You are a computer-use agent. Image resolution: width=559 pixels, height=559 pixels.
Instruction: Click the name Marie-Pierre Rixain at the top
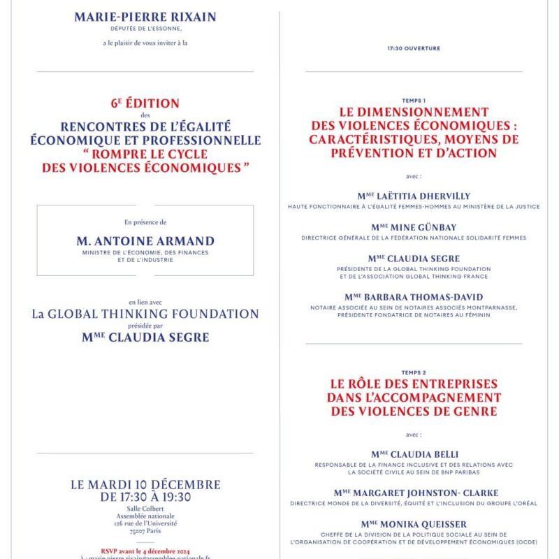click(x=145, y=17)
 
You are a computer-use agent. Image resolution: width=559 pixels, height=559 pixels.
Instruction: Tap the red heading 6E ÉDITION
click(x=145, y=103)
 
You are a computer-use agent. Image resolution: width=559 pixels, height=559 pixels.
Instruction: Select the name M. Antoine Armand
click(x=145, y=240)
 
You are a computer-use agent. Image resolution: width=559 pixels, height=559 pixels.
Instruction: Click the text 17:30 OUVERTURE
click(x=414, y=49)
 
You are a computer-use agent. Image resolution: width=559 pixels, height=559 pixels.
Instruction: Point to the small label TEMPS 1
click(x=414, y=101)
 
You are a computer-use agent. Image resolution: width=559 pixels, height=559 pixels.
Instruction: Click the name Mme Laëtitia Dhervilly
click(x=414, y=196)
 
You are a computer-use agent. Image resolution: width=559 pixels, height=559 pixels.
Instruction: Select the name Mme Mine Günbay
click(x=414, y=227)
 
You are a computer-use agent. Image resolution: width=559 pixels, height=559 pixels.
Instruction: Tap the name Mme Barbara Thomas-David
click(x=414, y=297)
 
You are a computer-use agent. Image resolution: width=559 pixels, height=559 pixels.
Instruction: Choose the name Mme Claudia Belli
click(x=414, y=454)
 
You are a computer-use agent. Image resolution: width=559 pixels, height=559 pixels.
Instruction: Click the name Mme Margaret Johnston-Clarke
click(x=414, y=493)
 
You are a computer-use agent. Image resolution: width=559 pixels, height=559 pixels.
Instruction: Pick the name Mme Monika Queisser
click(x=414, y=524)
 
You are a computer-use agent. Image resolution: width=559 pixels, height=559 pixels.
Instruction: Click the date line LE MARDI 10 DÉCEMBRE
click(x=145, y=485)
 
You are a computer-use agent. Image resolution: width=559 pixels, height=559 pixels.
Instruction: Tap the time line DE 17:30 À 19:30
click(x=145, y=498)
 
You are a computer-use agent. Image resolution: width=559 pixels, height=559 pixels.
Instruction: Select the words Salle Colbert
click(x=145, y=509)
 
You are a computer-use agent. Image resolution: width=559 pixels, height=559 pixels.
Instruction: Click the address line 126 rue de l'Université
click(x=145, y=523)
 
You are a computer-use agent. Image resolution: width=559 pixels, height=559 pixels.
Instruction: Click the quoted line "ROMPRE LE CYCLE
click(x=145, y=154)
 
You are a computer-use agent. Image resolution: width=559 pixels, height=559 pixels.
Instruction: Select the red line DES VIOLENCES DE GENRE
click(x=414, y=412)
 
